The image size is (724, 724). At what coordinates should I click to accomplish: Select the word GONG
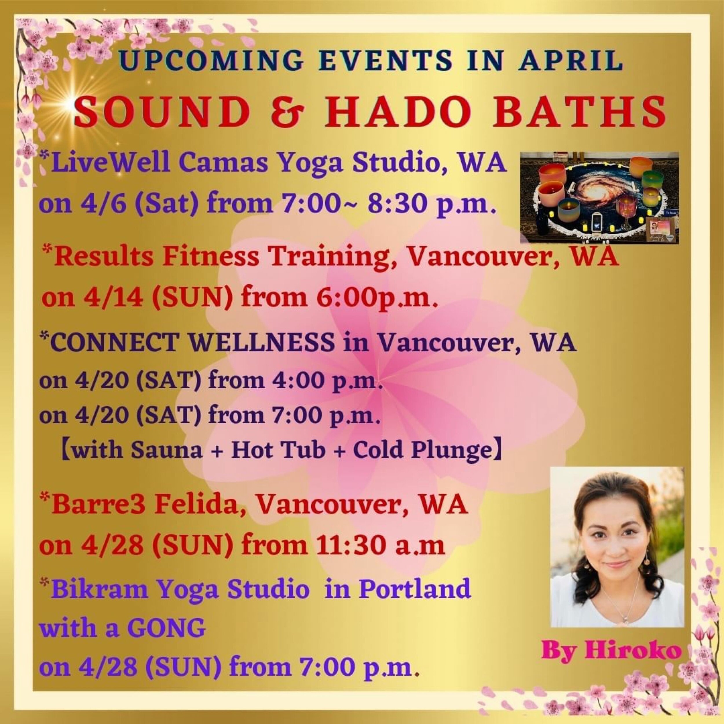(167, 628)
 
